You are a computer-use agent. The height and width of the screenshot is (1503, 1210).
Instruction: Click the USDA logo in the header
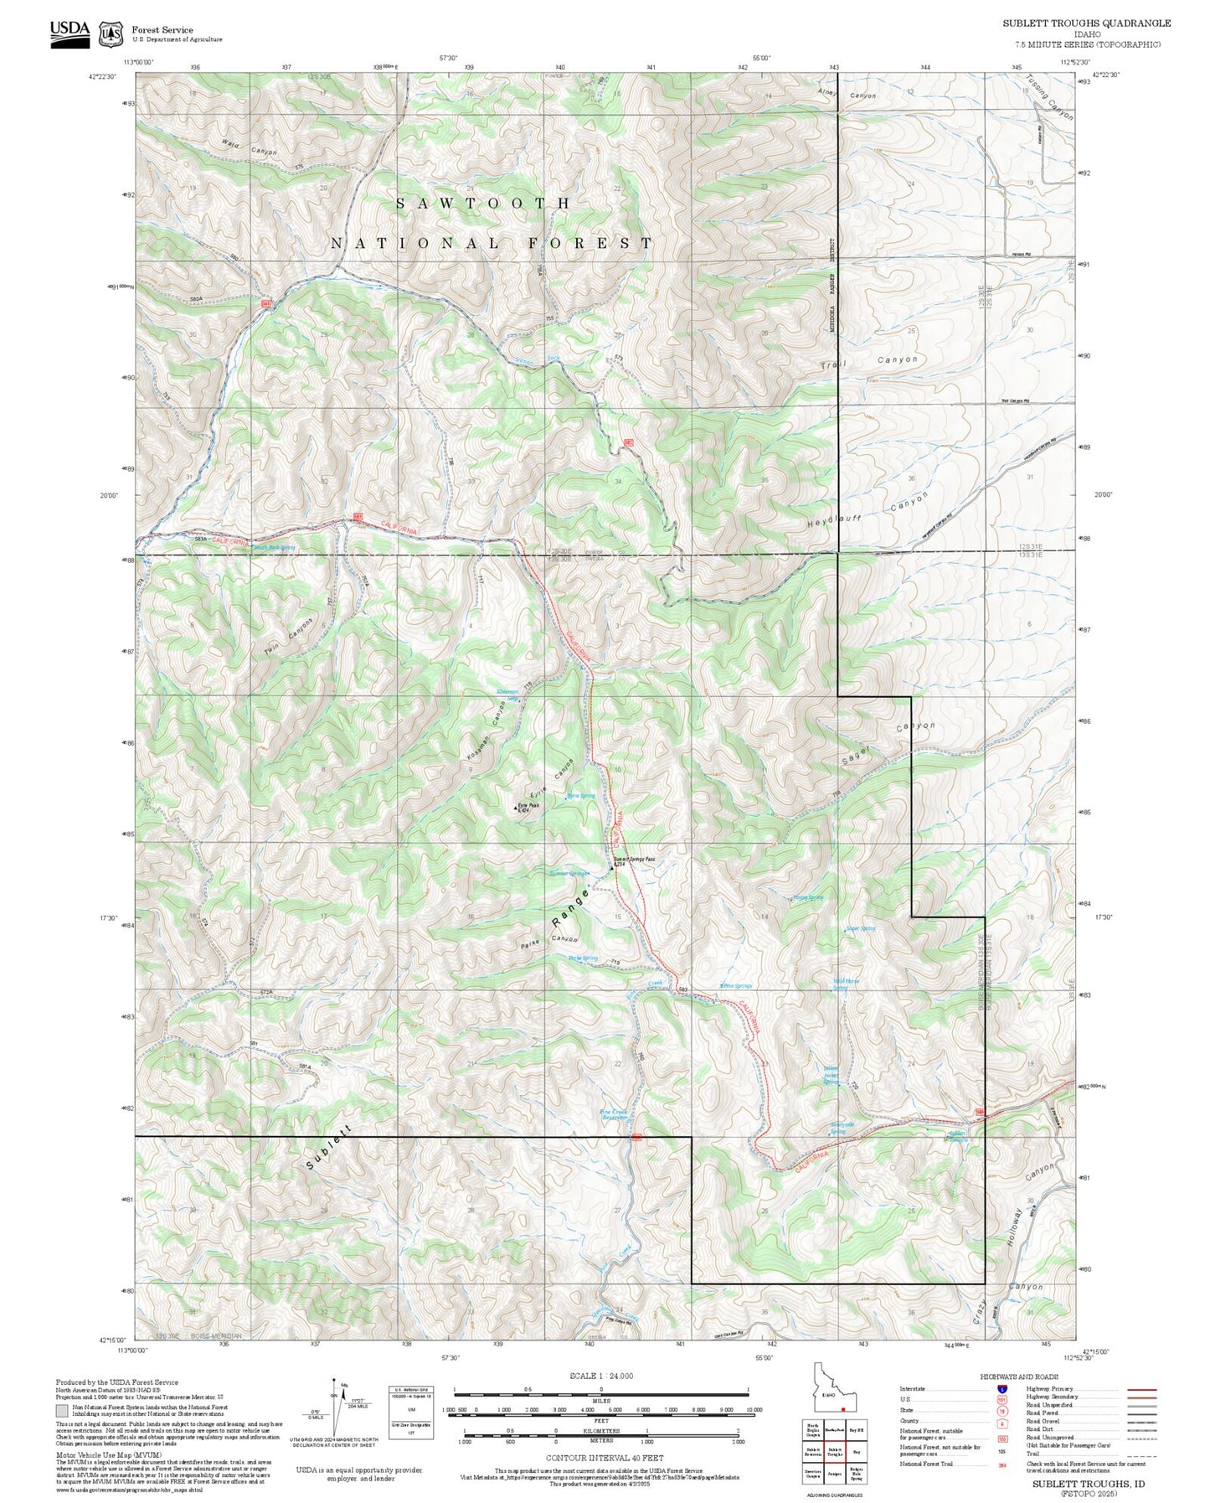point(70,32)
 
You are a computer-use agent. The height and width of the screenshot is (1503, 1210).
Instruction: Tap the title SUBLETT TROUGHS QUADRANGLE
point(1086,23)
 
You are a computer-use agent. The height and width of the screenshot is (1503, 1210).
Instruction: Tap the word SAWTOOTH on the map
point(483,204)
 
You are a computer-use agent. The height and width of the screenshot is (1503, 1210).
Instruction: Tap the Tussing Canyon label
point(1048,98)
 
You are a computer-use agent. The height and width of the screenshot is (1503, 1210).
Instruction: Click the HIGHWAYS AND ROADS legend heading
point(1018,1376)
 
